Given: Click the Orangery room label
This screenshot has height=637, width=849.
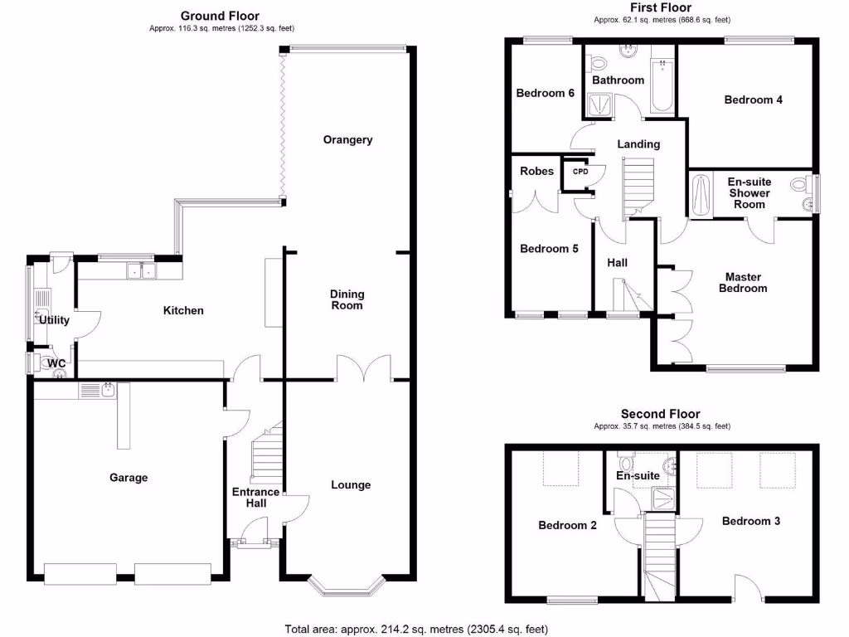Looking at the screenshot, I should pos(347,140).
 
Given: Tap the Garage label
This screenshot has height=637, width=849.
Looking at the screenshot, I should pos(129,478).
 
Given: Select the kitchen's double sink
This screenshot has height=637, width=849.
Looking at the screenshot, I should pos(141,270).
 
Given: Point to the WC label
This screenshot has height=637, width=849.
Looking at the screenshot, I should pos(56,363).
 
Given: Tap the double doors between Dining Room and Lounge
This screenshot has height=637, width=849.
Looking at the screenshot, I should pos(364,367).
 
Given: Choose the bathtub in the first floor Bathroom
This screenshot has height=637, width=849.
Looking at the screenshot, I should pos(662,87).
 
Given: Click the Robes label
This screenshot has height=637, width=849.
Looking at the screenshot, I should pos(536,172).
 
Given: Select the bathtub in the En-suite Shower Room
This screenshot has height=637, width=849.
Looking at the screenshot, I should pos(701,194).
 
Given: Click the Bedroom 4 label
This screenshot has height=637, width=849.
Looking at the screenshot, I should pos(753,100).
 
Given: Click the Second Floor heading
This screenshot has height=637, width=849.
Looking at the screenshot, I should pos(660,414).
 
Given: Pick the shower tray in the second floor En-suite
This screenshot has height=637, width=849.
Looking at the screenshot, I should pos(665,498).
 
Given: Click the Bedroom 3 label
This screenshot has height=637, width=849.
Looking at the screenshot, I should pos(750,522).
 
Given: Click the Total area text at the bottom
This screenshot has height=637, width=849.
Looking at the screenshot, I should pos(415,629).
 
